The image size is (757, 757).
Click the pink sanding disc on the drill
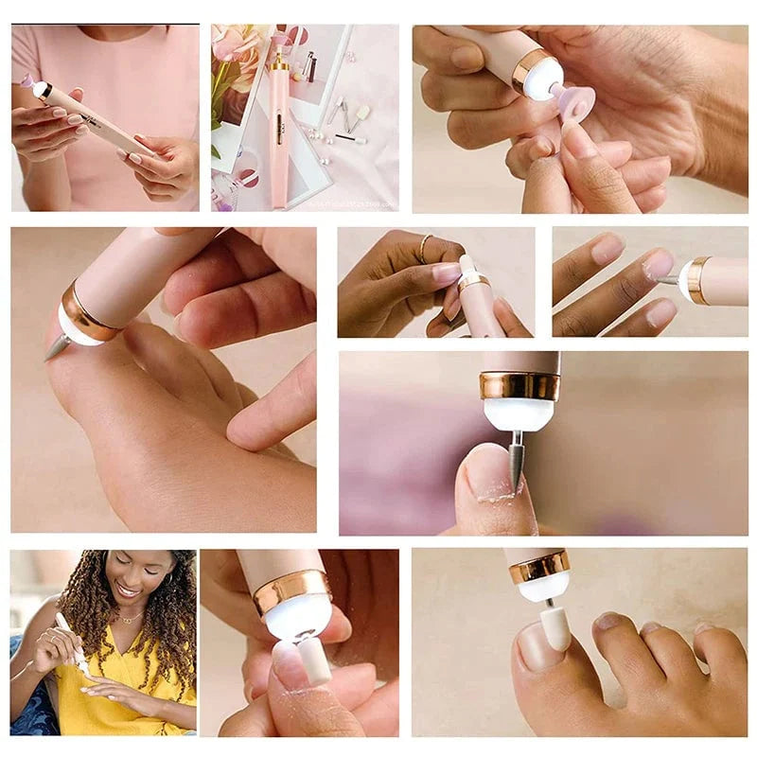coord(573,98)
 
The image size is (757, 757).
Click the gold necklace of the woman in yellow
coord(130,619)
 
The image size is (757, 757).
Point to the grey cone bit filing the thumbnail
coord(516,460)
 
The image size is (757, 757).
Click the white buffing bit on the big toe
coord(555,627)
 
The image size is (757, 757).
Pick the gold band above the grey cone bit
coord(519,385)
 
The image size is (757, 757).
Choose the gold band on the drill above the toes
coord(538,568)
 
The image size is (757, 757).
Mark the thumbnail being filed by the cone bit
coord(486,469)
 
